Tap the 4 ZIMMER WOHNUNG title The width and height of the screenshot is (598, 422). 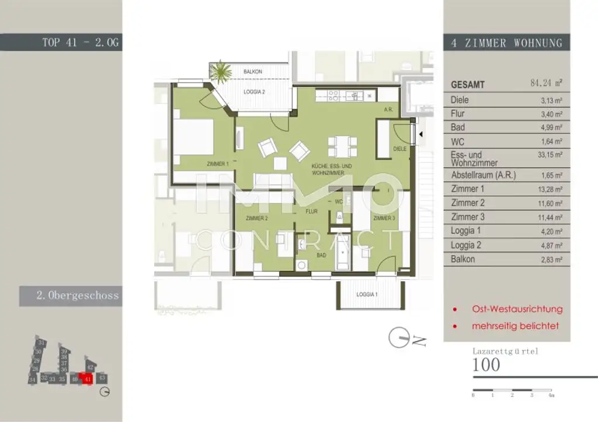(506, 43)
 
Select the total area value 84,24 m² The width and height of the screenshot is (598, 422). (545, 84)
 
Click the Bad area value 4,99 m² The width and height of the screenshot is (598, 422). (551, 127)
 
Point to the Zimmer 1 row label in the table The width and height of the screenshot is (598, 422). (468, 189)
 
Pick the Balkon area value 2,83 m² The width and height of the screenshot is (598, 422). (551, 259)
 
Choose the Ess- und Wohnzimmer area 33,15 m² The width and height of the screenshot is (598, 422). (551, 155)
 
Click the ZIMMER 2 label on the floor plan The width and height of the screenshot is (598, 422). (256, 219)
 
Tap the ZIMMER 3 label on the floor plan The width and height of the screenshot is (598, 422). (384, 218)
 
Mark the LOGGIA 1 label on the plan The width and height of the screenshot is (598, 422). (367, 294)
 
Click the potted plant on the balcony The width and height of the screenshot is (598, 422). (221, 72)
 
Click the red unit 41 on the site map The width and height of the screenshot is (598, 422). (87, 379)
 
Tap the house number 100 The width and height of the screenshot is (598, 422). (486, 365)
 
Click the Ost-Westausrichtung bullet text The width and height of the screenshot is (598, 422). (517, 309)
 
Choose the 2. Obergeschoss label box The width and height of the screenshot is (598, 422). (71, 296)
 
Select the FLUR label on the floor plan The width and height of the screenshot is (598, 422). (311, 211)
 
